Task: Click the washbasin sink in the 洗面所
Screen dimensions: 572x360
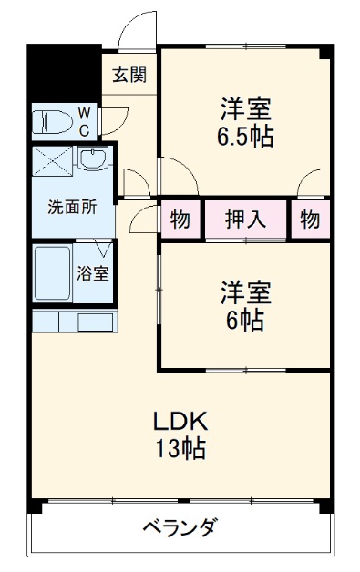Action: tap(92, 162)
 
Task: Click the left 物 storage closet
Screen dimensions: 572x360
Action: tap(180, 220)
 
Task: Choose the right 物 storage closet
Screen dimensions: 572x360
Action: tap(310, 220)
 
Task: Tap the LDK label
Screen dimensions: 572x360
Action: tap(180, 421)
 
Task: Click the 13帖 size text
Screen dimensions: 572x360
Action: tap(180, 448)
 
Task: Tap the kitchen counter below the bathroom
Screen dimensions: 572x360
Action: tap(73, 322)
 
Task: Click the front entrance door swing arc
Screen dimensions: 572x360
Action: tap(137, 30)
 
